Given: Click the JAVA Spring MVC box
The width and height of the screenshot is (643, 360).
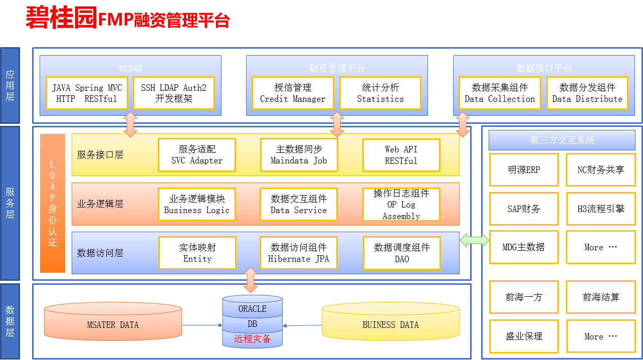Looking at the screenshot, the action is [87, 93].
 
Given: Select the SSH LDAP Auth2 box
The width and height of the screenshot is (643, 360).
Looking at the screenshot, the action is [174, 93].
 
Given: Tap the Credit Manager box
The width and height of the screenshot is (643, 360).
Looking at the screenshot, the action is [293, 93].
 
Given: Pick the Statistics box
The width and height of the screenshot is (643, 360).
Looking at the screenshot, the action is [380, 93].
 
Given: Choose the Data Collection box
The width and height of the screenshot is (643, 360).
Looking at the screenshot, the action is [500, 93].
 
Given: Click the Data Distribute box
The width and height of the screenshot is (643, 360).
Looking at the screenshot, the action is [587, 93].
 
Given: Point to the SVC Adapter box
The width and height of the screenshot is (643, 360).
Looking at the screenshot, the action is [197, 155].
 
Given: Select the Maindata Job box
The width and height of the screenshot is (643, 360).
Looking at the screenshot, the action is [299, 155].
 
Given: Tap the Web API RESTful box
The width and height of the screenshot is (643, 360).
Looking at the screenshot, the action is [401, 155].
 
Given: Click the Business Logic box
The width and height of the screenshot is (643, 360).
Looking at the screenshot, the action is [197, 205].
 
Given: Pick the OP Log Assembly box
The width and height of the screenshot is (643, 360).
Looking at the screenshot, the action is [401, 205].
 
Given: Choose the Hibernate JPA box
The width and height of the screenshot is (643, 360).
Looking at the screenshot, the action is [299, 253].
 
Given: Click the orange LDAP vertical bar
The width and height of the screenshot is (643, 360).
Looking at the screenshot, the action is [53, 203].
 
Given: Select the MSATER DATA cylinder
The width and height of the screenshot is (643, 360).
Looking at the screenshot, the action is [113, 321].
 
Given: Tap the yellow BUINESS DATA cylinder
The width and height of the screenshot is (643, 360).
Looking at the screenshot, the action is [391, 321].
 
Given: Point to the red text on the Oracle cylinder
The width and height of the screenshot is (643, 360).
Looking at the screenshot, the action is [252, 339].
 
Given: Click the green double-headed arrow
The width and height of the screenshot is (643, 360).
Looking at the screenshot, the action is [474, 240].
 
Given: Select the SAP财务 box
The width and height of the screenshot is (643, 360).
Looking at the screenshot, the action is [524, 209].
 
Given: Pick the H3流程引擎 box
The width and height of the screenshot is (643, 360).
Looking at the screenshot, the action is [601, 209].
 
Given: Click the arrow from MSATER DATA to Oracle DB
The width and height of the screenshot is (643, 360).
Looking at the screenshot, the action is [202, 325].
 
